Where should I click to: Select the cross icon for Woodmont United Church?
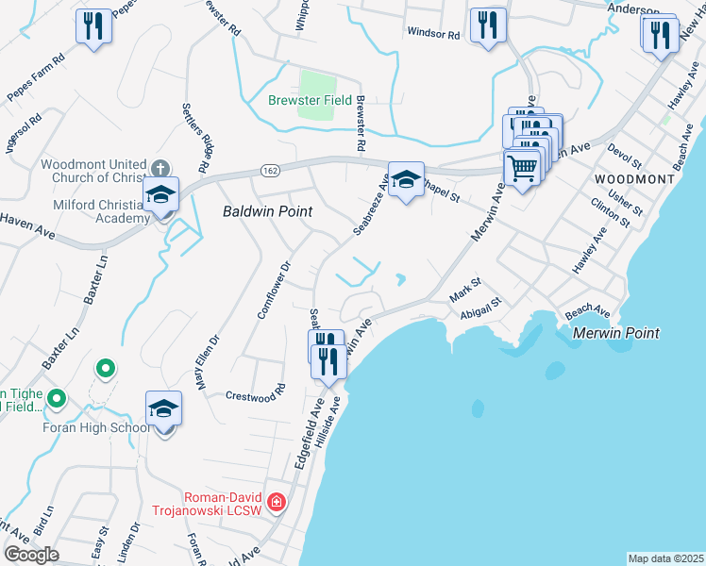tap(161, 169)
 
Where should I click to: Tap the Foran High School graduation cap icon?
tap(164, 409)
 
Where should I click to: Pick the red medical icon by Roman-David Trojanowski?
tap(276, 501)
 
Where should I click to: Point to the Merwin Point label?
tap(614, 333)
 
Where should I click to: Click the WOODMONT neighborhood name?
tap(634, 178)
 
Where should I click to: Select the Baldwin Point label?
tap(267, 212)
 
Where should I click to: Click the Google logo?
tap(31, 555)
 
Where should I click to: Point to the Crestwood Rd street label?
tap(256, 392)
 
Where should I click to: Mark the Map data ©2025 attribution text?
tap(665, 558)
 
